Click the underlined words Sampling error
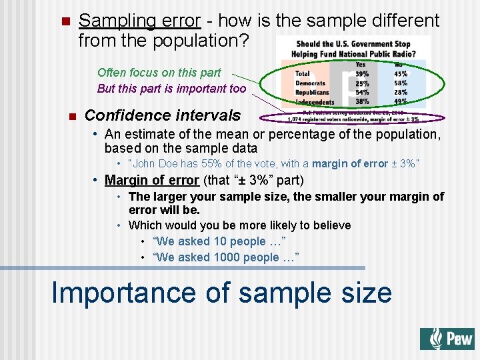(x=139, y=21)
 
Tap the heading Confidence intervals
(x=163, y=115)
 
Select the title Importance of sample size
(x=221, y=293)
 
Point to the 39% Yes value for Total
(x=362, y=74)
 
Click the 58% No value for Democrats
(x=401, y=83)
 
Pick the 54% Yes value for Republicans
(x=362, y=92)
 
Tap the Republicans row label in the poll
(x=312, y=92)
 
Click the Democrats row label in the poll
(x=311, y=83)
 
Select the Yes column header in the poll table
(x=361, y=65)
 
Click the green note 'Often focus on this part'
(x=159, y=73)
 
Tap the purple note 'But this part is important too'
(x=171, y=89)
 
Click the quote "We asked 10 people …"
(x=219, y=241)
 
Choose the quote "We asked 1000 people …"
(x=225, y=257)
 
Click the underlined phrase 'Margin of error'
(x=152, y=180)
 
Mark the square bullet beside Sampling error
(x=64, y=21)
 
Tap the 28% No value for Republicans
(x=401, y=92)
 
